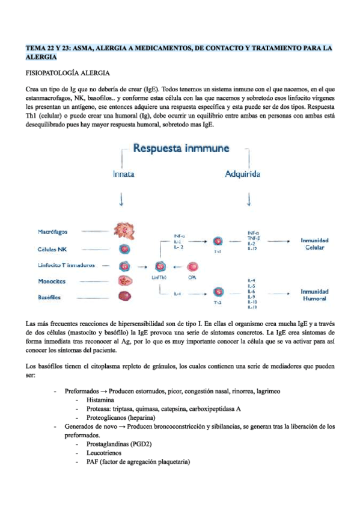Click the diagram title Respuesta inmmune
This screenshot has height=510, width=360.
[x=183, y=148]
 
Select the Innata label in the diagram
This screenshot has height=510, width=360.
[x=123, y=174]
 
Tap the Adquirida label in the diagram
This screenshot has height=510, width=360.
[x=242, y=174]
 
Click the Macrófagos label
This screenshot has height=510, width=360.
[x=53, y=231]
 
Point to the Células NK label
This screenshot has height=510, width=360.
[x=52, y=250]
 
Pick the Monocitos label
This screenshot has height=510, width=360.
[x=51, y=281]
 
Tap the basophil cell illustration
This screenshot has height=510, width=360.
[x=125, y=296]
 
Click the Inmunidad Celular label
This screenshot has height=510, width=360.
[x=314, y=244]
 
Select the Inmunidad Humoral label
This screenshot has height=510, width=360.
[x=314, y=295]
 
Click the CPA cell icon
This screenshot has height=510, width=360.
[x=193, y=266]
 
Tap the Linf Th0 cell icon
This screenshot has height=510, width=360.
[x=160, y=266]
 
